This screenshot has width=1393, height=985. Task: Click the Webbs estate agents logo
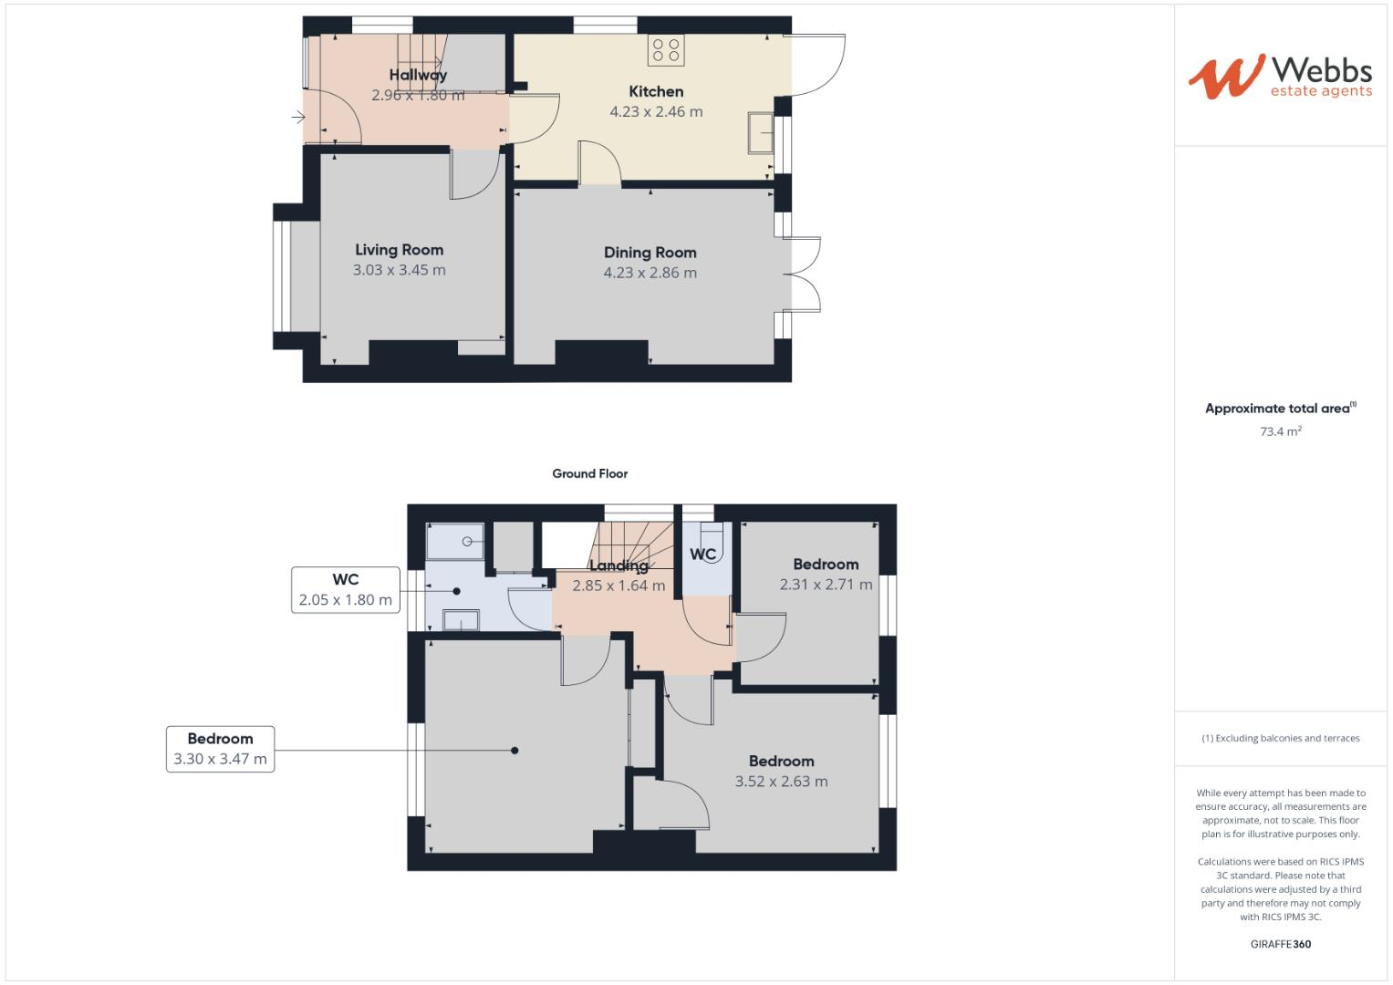(x=1279, y=77)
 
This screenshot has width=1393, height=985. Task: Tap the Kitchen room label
(x=656, y=91)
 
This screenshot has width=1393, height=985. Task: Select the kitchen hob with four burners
(x=666, y=50)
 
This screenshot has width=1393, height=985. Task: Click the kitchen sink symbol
(x=759, y=133)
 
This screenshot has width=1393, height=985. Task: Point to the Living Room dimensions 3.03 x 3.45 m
(x=399, y=270)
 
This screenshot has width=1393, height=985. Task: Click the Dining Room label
(x=650, y=253)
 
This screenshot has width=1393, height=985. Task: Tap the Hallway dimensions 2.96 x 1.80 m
(x=418, y=95)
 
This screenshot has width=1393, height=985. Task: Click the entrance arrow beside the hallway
(x=297, y=117)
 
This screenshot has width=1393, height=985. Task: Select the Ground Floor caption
(x=589, y=473)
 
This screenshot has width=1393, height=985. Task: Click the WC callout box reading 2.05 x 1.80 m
(x=346, y=590)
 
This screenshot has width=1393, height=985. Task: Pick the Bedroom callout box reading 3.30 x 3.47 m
(x=220, y=749)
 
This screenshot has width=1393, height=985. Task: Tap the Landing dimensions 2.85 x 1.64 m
(x=619, y=586)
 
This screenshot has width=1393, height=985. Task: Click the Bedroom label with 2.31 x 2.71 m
(x=826, y=565)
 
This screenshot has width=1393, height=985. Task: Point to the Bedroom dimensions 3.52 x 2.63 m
(x=781, y=782)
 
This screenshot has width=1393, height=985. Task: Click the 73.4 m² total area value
(x=1280, y=431)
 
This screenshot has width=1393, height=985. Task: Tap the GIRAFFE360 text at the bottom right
(x=1280, y=944)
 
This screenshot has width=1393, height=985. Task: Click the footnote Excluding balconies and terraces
(x=1280, y=738)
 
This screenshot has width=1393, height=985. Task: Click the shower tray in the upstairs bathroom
(x=456, y=540)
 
